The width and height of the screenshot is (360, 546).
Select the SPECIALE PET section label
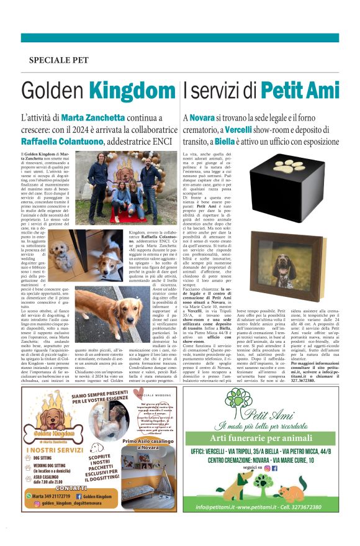pyautogui.click(x=59, y=61)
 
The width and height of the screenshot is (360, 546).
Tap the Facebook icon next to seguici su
pyautogui.click(x=274, y=467)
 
